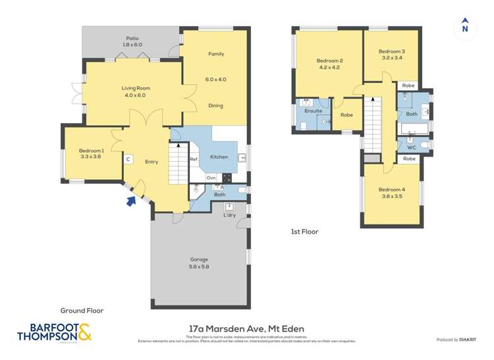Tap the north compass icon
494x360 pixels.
465,26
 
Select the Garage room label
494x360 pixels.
200,259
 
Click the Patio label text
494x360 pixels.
132,39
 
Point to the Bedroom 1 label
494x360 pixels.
92,151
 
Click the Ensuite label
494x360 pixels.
314,111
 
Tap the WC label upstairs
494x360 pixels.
412,147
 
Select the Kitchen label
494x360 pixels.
219,157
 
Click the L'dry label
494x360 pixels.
229,215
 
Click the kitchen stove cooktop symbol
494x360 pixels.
227,177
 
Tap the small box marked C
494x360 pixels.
128,159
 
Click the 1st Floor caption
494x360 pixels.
304,232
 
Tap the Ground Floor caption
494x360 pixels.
82,310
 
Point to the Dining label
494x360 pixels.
215,106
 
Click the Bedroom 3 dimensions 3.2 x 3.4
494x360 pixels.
391,58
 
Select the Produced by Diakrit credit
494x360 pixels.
458,340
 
